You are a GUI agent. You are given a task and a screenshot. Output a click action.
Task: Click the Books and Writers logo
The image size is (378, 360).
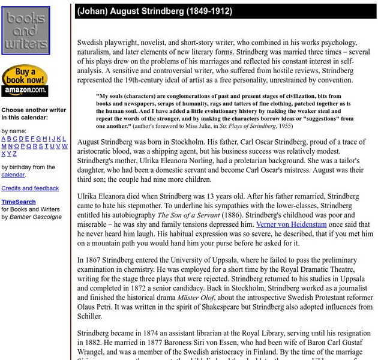click(25, 32)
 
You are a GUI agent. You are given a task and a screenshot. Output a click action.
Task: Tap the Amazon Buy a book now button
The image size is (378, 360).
click(25, 81)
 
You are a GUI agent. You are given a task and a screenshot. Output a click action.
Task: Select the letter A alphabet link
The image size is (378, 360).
click(4, 138)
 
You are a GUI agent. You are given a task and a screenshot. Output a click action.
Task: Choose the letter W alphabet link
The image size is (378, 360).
click(65, 146)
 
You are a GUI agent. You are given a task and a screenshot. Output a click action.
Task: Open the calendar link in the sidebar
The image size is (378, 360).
click(13, 175)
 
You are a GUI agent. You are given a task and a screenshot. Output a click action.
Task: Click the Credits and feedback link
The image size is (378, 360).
click(30, 188)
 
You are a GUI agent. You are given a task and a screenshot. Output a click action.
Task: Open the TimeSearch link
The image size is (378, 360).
click(18, 202)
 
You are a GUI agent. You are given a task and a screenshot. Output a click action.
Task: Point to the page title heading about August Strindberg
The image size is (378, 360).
click(154, 11)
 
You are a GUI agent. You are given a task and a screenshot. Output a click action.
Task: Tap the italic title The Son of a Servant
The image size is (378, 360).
click(196, 214)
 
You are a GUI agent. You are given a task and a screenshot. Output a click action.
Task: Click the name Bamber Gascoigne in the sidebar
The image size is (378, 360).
click(35, 217)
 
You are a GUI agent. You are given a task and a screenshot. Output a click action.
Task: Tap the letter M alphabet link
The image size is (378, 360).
click(4, 146)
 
